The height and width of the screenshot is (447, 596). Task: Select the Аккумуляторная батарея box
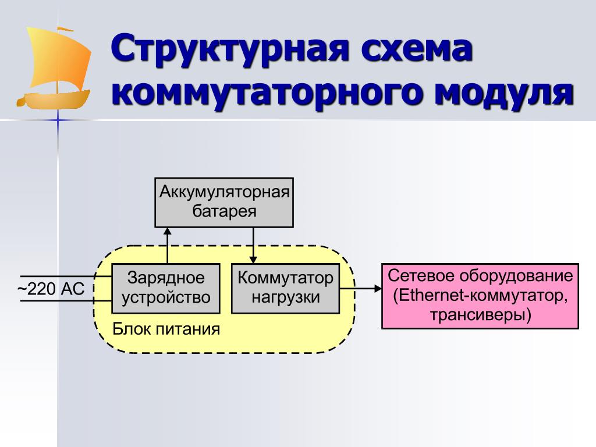pos(224,202)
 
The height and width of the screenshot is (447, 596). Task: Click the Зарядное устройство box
pos(166,288)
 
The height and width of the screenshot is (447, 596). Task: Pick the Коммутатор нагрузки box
pos(286,288)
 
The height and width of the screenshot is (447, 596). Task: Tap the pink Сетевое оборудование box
pos(480,296)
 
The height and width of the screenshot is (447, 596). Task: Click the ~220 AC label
pos(51,289)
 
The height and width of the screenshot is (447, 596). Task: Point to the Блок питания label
pos(166,329)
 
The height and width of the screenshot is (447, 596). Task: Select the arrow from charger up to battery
pos(167,244)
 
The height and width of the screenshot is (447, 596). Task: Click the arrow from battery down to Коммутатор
pos(254,244)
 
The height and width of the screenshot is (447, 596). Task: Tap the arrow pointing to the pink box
pos(361,288)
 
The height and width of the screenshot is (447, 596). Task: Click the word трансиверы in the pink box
pos(481,315)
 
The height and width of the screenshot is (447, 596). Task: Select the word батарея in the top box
pos(225,211)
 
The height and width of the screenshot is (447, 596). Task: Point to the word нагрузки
pos(286,297)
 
